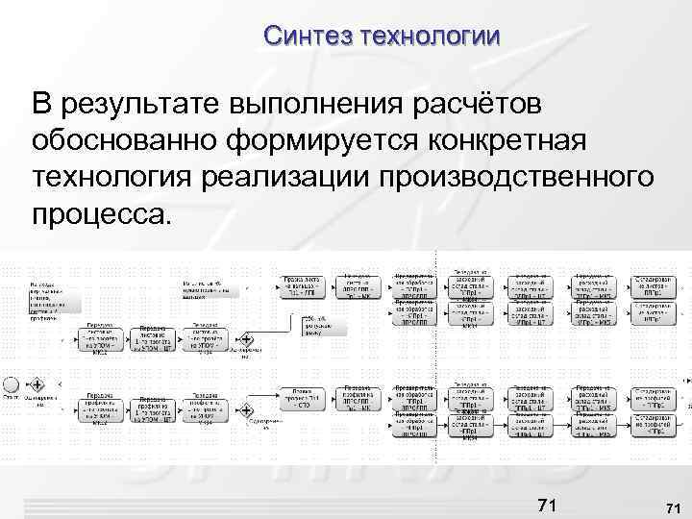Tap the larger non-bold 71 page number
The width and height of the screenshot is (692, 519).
546,505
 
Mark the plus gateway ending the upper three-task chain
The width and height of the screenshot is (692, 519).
246,339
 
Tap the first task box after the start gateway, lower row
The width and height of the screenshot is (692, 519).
102,408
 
